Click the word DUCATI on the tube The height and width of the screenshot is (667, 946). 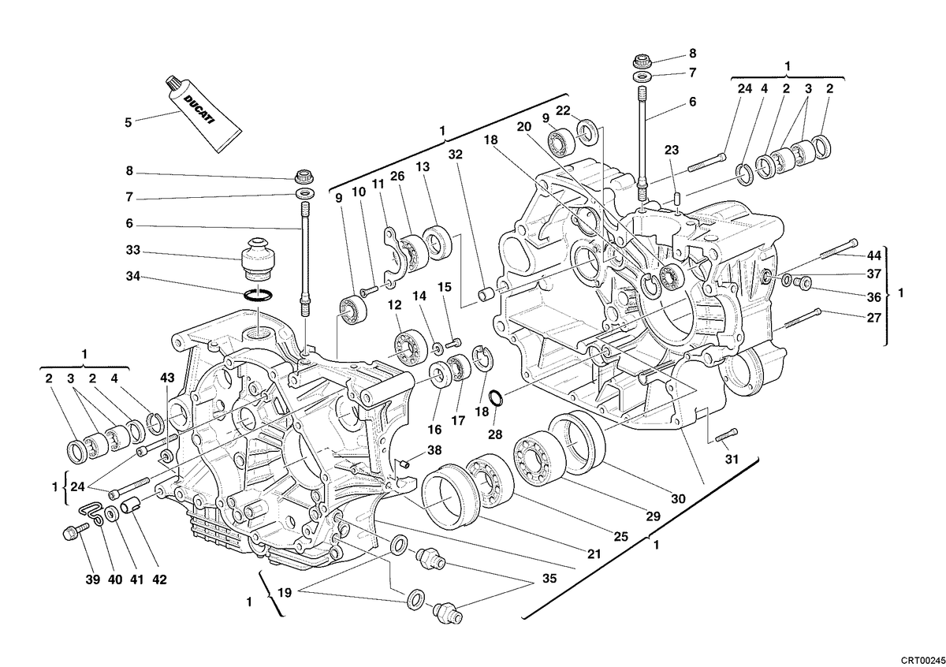tap(199, 110)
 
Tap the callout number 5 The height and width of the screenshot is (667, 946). tap(128, 122)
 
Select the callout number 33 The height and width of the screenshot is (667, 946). tap(133, 250)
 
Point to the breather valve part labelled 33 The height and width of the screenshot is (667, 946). tap(258, 259)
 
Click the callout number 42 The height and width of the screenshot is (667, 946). tap(159, 579)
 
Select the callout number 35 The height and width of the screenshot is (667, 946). tap(549, 578)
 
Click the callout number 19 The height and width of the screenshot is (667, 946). tap(285, 593)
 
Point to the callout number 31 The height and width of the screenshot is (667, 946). tap(732, 459)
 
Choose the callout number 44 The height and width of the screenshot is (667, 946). tap(874, 255)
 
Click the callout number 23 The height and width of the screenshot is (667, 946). tap(672, 150)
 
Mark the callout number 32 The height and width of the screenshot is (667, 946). tap(456, 155)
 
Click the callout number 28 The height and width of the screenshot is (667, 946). tap(495, 434)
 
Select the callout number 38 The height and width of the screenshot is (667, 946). tap(434, 450)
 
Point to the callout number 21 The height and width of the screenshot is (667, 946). tap(594, 553)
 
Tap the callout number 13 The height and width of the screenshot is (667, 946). tap(423, 167)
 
